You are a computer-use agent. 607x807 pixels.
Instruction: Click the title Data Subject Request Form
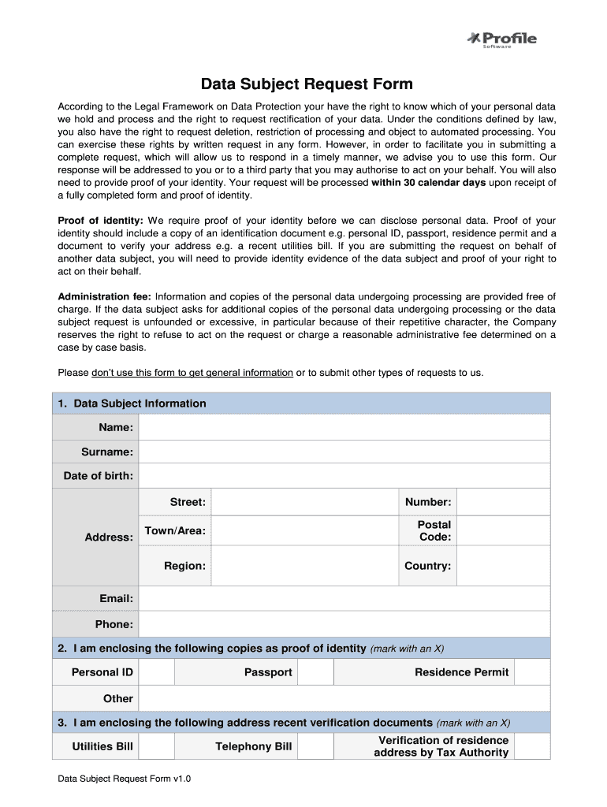click(x=306, y=84)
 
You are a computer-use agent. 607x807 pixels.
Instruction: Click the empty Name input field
click(x=344, y=427)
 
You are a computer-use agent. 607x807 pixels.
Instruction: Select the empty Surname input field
click(x=344, y=452)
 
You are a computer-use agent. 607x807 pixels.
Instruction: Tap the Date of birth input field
click(x=344, y=476)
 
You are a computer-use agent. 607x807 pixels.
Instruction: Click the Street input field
click(x=304, y=502)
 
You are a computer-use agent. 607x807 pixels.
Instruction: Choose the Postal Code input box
click(x=503, y=530)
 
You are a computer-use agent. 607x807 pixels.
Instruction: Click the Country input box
click(x=503, y=566)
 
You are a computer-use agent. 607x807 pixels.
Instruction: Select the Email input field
click(x=344, y=599)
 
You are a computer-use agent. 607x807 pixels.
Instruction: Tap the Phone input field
click(x=344, y=624)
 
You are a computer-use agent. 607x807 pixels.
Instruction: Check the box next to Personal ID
click(x=156, y=672)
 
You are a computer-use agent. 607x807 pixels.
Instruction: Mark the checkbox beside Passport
click(x=316, y=672)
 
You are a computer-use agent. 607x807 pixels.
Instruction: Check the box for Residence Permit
click(x=532, y=672)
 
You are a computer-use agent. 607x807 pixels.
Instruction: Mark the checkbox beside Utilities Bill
click(x=156, y=746)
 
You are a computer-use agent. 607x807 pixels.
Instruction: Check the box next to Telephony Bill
click(x=316, y=746)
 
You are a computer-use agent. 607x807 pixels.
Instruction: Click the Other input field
click(x=344, y=698)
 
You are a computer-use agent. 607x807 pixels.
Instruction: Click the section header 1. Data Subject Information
click(x=132, y=403)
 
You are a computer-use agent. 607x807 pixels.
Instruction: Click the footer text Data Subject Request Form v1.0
click(x=125, y=779)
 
